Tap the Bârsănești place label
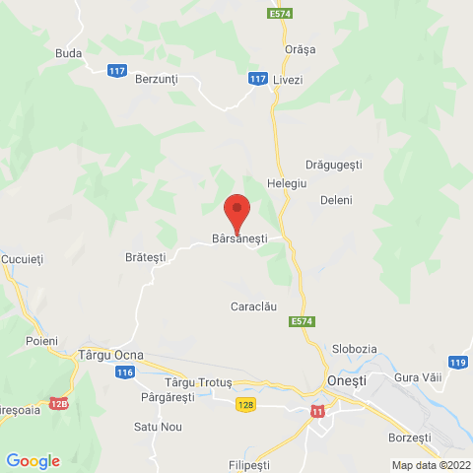tap(239, 238)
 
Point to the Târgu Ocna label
tap(109, 354)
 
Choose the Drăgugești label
tap(334, 165)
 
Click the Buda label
tap(68, 53)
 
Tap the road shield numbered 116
tap(125, 372)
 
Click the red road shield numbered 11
tap(316, 411)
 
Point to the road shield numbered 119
tap(457, 363)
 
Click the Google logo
tap(33, 460)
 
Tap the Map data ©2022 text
tap(431, 465)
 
